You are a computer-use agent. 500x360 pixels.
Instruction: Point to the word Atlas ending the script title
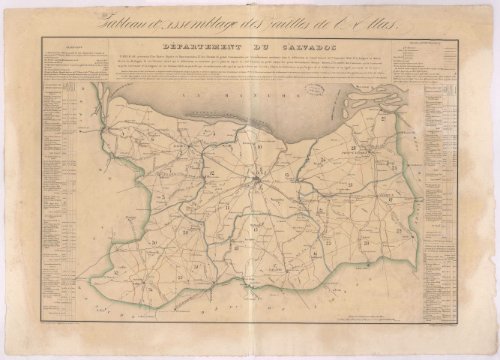(386, 23)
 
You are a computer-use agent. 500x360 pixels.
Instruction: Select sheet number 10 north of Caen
(259, 148)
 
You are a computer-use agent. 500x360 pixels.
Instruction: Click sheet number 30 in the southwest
(152, 243)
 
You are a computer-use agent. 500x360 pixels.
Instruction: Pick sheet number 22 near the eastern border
(398, 229)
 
